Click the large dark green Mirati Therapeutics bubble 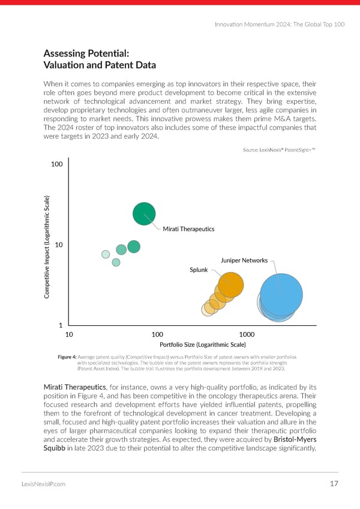(x=144, y=214)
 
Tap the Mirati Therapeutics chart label (x=188, y=229)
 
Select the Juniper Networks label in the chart (x=244, y=260)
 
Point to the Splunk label (x=199, y=270)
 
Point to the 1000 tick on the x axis (x=246, y=334)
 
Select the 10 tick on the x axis (x=69, y=334)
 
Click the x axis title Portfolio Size (x=203, y=345)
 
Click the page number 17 (x=335, y=484)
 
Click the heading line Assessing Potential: (x=87, y=53)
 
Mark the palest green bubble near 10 (x=106, y=254)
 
